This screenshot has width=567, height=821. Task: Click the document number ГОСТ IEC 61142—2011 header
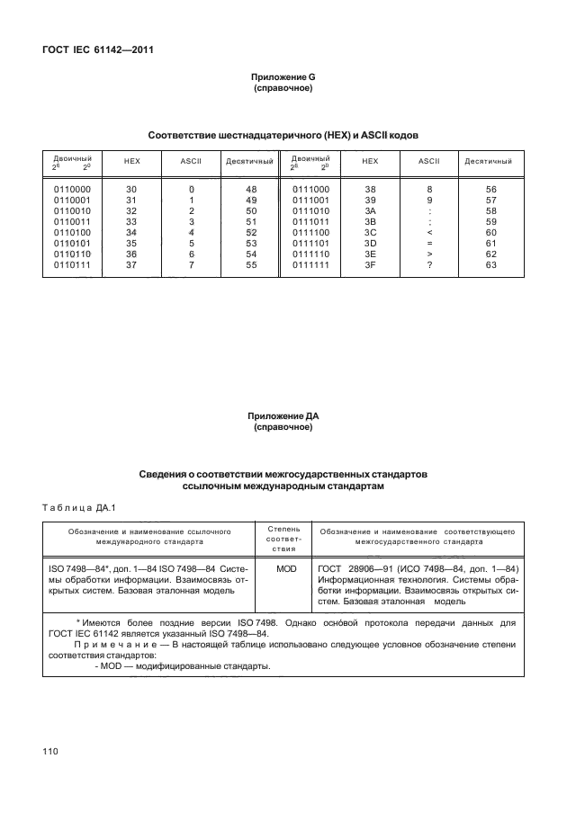click(97, 49)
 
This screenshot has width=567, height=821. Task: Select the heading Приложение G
click(283, 79)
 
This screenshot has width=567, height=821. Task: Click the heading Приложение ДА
click(283, 416)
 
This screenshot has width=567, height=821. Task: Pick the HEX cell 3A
click(369, 210)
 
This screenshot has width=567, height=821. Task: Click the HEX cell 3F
click(369, 265)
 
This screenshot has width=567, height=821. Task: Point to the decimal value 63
click(490, 265)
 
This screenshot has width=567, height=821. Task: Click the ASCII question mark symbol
click(429, 265)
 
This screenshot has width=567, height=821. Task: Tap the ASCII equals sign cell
click(429, 243)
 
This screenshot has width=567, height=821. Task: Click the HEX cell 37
click(131, 265)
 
